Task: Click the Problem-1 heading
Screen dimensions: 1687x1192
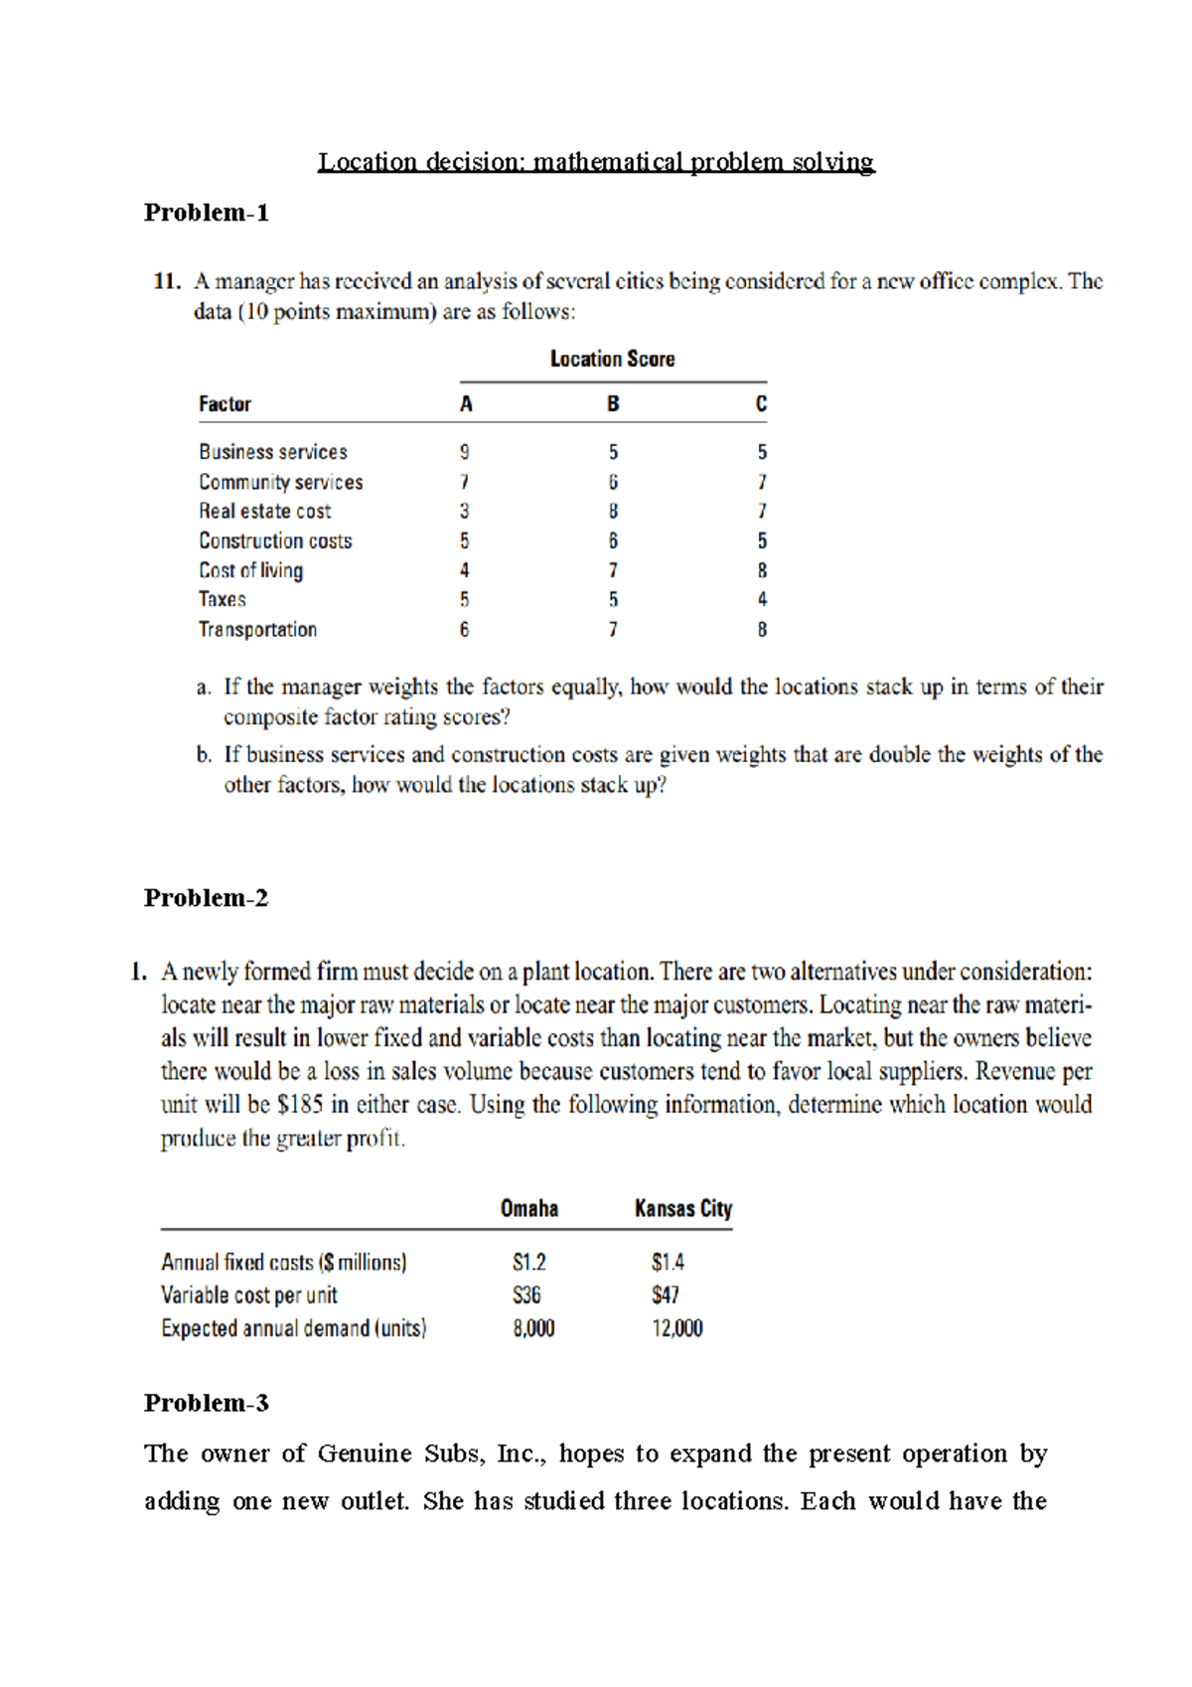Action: [x=206, y=213]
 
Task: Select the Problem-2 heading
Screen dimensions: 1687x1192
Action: [x=206, y=898]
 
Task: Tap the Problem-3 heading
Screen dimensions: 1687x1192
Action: [x=206, y=1403]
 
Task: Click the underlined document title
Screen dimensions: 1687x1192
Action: [x=596, y=162]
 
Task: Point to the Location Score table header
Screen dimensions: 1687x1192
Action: [x=612, y=360]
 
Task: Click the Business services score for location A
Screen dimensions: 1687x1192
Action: [x=464, y=452]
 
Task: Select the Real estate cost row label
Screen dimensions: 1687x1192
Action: [x=264, y=512]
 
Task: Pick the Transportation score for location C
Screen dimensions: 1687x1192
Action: [x=762, y=630]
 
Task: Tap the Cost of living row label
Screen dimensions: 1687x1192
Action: [x=250, y=570]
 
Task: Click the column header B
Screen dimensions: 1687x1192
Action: [x=613, y=404]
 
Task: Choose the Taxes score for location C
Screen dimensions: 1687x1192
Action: [x=762, y=600]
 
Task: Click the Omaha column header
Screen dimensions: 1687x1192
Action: [x=528, y=1209]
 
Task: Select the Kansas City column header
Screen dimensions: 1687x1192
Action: [x=683, y=1209]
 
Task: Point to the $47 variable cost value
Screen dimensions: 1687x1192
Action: [x=666, y=1296]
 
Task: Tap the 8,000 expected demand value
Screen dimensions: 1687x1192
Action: [x=533, y=1329]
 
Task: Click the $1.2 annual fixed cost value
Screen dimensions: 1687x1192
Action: [x=528, y=1263]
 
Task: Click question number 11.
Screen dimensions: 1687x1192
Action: [x=166, y=282]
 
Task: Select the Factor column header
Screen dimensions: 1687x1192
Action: [x=224, y=404]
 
